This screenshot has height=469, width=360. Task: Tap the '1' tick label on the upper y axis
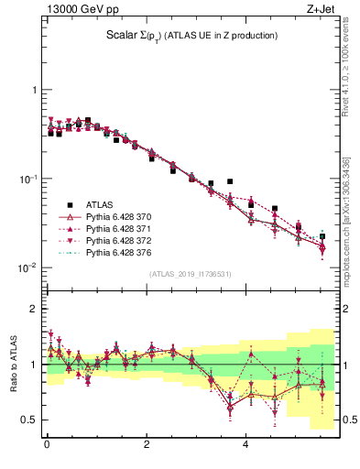tap(34, 90)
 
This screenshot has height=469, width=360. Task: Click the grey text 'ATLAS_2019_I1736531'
tap(191, 274)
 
